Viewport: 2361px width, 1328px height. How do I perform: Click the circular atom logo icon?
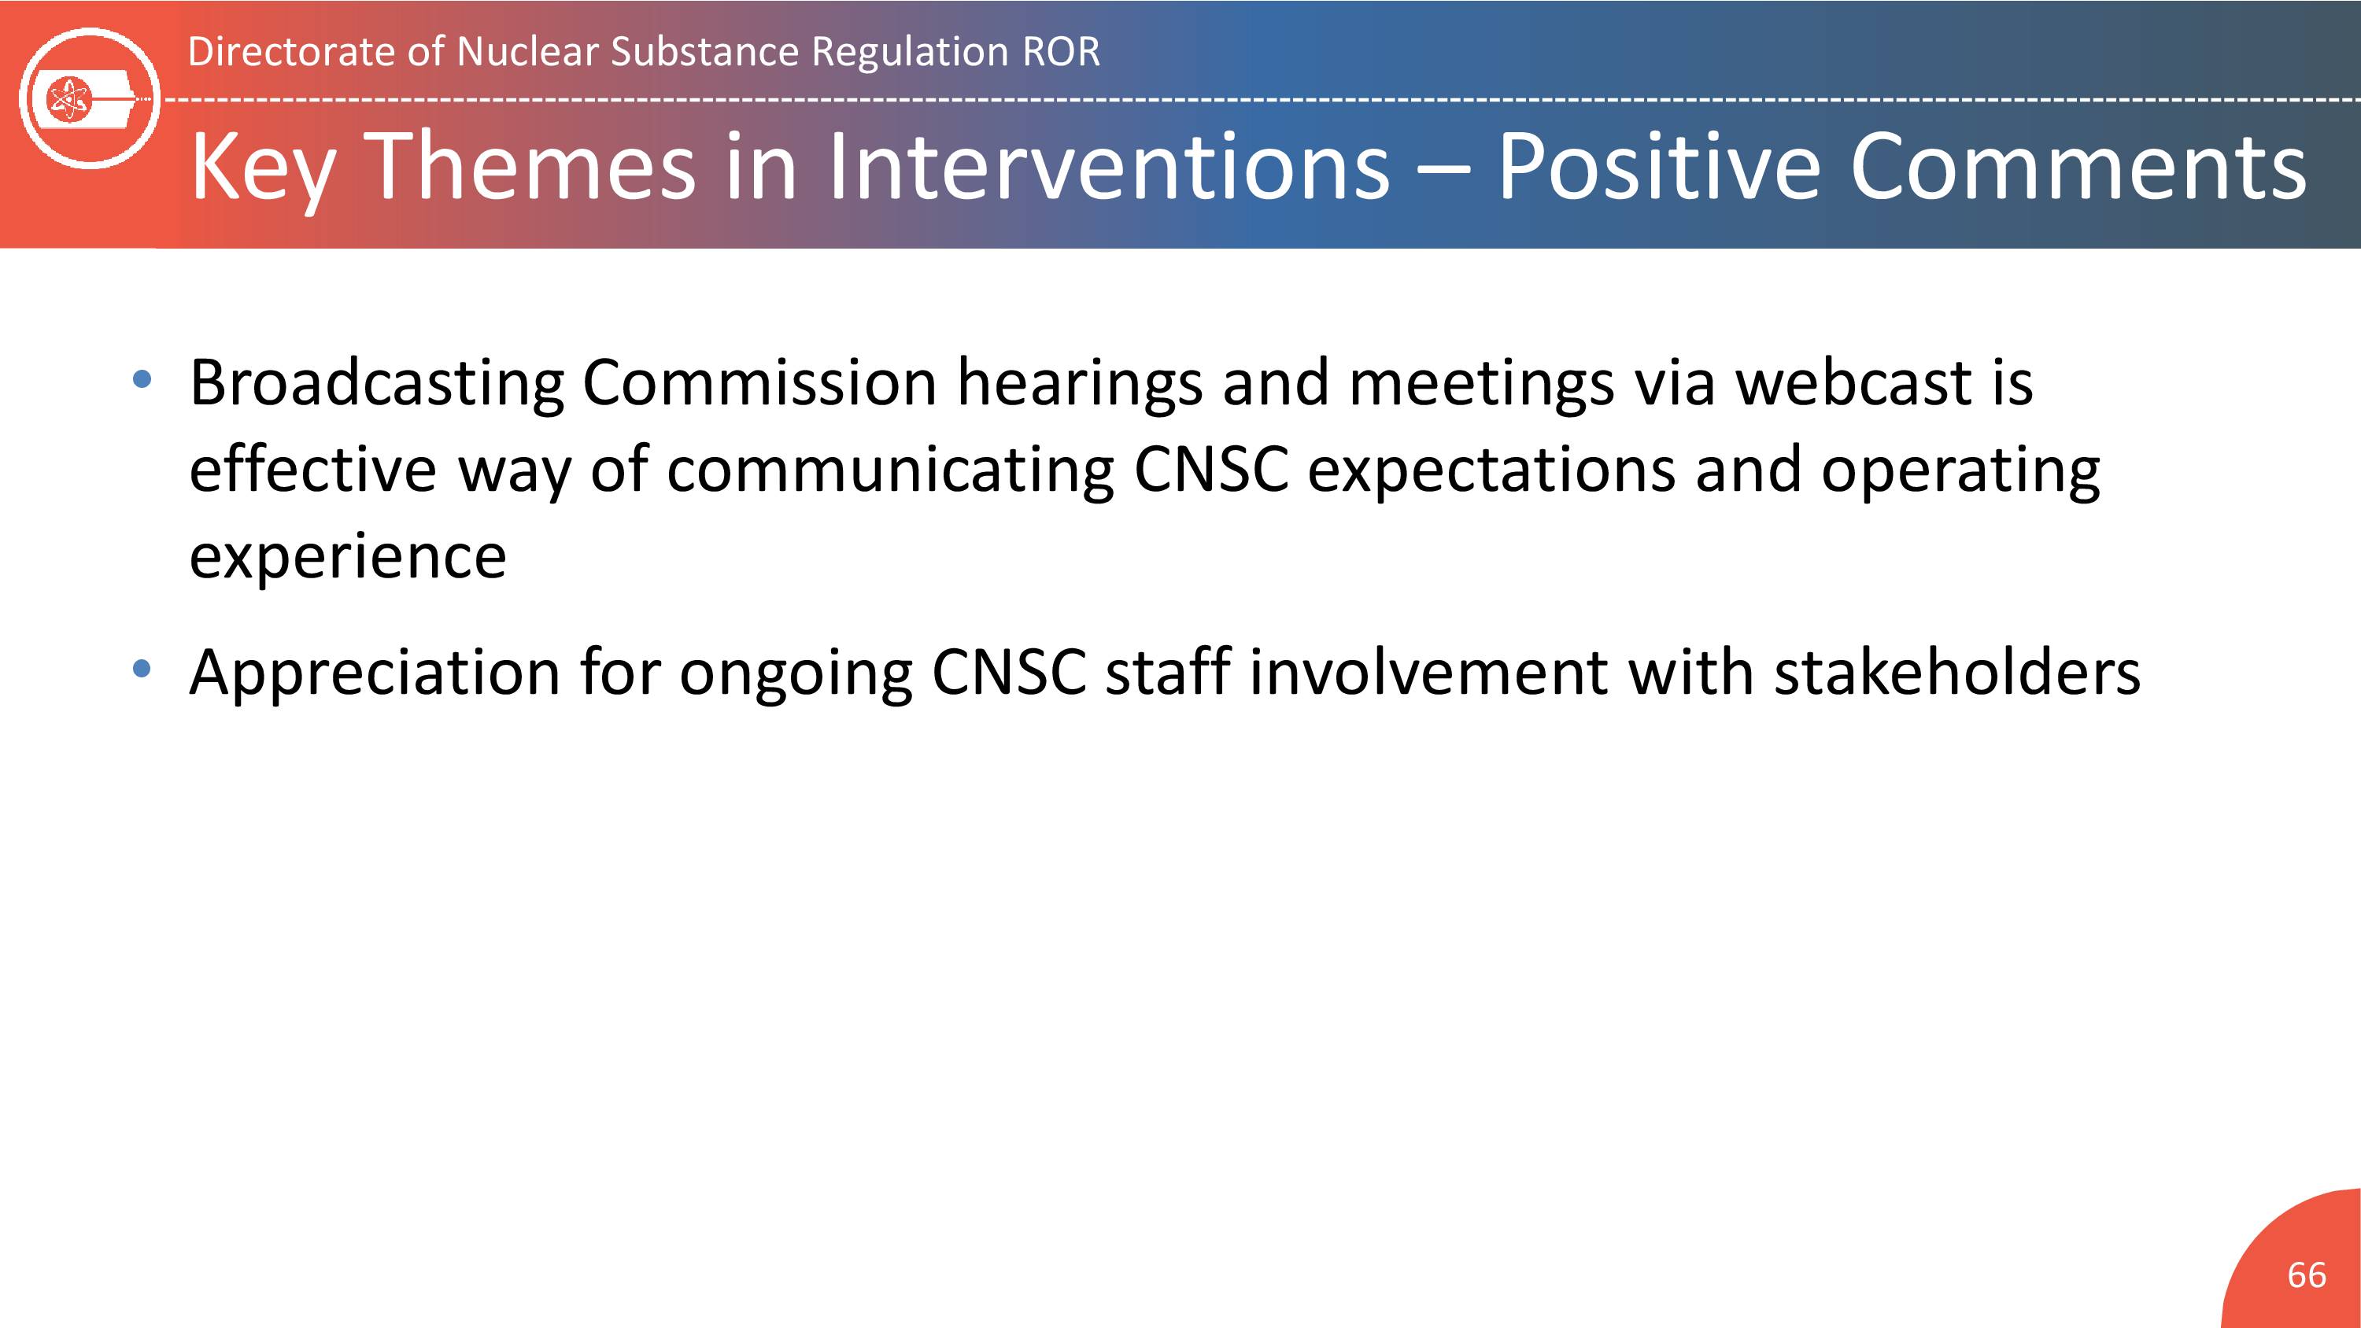point(90,98)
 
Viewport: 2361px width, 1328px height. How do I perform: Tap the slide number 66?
point(2306,1275)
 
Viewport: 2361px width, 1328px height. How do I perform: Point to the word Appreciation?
point(374,674)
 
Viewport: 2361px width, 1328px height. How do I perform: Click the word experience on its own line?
point(347,558)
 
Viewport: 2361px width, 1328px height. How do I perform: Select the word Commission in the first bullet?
point(759,382)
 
